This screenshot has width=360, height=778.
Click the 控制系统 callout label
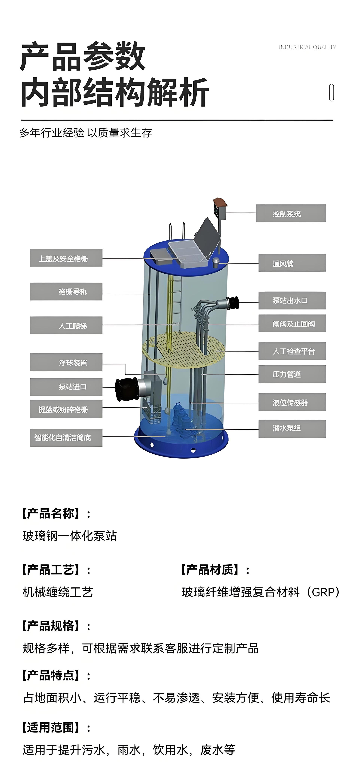(x=291, y=213)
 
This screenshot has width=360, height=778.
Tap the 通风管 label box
(x=292, y=263)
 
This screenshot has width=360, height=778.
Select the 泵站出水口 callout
(x=292, y=300)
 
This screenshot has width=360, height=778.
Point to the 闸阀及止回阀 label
(x=292, y=324)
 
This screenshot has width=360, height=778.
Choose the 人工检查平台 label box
(x=292, y=351)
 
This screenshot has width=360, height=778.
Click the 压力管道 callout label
(x=292, y=374)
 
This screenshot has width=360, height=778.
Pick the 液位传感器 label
(x=292, y=402)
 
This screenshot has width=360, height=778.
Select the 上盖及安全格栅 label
(x=66, y=258)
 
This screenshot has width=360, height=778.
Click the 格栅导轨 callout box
(x=66, y=291)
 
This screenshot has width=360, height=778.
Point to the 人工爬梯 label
(x=66, y=325)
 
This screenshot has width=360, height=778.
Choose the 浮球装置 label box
(x=66, y=362)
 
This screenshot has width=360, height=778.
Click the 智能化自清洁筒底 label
(x=66, y=438)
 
